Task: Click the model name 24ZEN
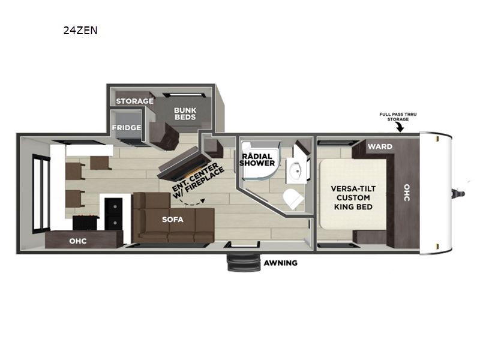point(80,31)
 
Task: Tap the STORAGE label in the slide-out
point(134,101)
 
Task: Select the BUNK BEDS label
point(185,113)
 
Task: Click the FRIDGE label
point(127,127)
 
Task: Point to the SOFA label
point(173,220)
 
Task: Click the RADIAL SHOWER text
point(257,160)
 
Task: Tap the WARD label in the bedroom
point(380,146)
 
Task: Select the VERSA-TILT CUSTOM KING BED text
point(353,198)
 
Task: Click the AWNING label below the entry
point(280,263)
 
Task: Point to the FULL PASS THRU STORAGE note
point(398,116)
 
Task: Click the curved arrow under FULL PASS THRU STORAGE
point(400,127)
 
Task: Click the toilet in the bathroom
point(293,199)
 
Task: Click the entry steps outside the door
point(244,263)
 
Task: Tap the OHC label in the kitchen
point(78,241)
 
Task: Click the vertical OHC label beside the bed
point(407,193)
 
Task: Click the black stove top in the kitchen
point(86,223)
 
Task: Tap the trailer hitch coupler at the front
point(458,193)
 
